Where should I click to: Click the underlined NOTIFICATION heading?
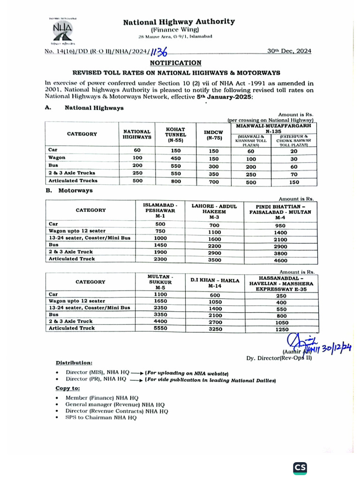(176, 62)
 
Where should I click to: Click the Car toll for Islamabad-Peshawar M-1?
(160, 224)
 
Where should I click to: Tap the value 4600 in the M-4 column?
(280, 260)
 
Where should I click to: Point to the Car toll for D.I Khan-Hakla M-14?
(215, 295)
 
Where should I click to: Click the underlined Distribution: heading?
(74, 363)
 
